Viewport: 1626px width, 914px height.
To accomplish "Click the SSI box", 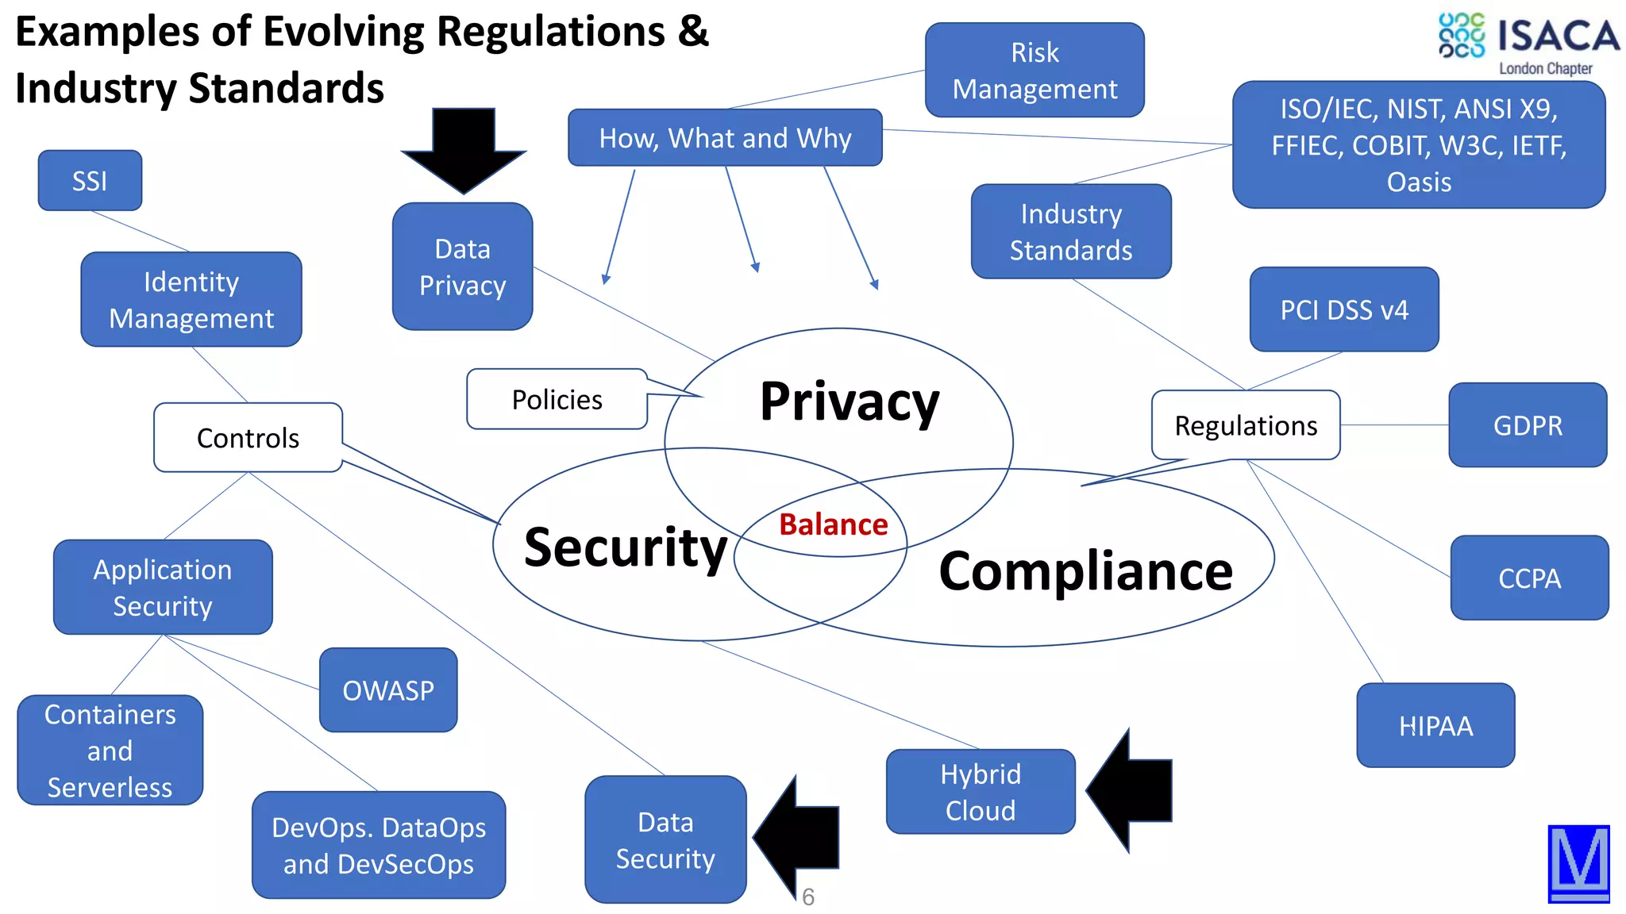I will pos(90,181).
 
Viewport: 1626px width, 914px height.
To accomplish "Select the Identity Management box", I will pos(191,300).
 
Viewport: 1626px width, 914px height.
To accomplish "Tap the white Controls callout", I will pos(248,438).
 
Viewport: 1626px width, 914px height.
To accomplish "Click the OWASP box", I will pos(388,690).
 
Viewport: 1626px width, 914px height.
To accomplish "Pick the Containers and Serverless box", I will pos(110,751).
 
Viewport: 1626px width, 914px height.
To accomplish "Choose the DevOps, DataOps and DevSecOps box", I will pos(379,845).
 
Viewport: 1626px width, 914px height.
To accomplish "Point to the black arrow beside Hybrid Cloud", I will pos(1131,791).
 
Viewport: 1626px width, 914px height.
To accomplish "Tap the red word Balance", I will pos(833,525).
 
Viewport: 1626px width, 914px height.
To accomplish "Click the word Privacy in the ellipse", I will pos(849,401).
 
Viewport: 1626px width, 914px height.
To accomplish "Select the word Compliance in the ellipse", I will pos(1085,571).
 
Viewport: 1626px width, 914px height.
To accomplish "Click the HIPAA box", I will pos(1435,726).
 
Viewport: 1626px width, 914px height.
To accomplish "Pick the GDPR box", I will pos(1528,426).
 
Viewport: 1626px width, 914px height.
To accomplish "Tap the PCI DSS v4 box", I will pos(1344,309).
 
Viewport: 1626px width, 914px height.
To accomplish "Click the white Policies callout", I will pos(557,400).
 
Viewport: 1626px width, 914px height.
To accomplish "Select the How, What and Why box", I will pos(725,138).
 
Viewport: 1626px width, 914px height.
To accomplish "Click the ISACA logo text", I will pos(1558,36).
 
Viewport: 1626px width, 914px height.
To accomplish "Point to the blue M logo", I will pos(1578,863).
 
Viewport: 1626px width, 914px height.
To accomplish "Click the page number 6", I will pos(808,897).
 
